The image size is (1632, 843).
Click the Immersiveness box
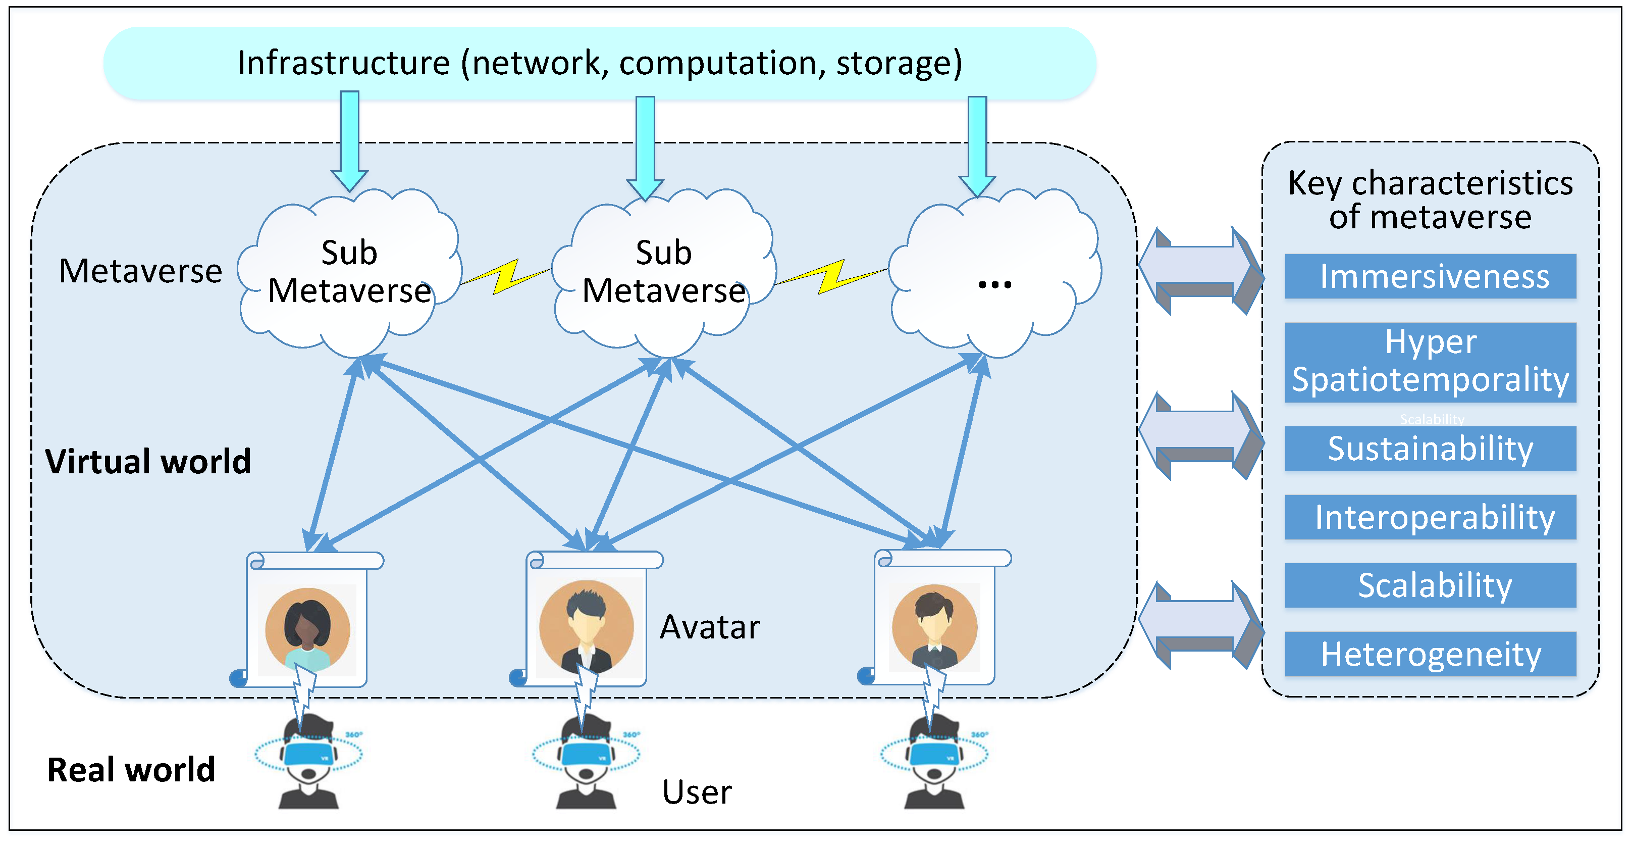[1430, 276]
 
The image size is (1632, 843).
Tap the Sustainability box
[1430, 448]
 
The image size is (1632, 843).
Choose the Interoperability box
[1430, 517]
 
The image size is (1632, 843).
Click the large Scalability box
[1430, 585]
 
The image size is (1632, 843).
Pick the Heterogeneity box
[1430, 654]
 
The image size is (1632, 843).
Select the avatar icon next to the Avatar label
[586, 627]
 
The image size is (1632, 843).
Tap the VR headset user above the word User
[586, 761]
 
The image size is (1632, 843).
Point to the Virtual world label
[147, 461]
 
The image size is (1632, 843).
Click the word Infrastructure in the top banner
[343, 63]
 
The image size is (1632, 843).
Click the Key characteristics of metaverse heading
[1430, 199]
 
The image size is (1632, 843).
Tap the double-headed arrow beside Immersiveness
[1200, 271]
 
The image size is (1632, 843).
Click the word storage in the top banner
[899, 63]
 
